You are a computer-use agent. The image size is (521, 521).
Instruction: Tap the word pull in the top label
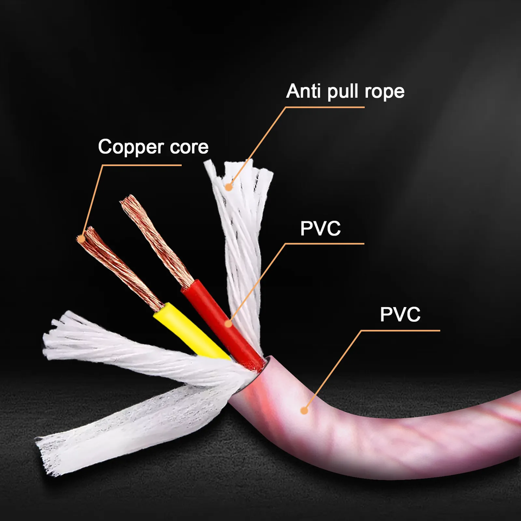(345, 92)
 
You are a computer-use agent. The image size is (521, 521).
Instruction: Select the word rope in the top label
(385, 92)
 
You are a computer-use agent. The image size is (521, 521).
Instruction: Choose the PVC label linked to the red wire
(320, 228)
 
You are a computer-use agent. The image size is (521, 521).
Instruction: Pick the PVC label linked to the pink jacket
(400, 315)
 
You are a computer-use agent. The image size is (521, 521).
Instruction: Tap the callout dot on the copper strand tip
(81, 238)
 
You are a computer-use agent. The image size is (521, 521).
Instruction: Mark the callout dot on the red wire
(228, 324)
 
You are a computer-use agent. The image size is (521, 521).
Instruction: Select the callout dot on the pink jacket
(305, 410)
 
